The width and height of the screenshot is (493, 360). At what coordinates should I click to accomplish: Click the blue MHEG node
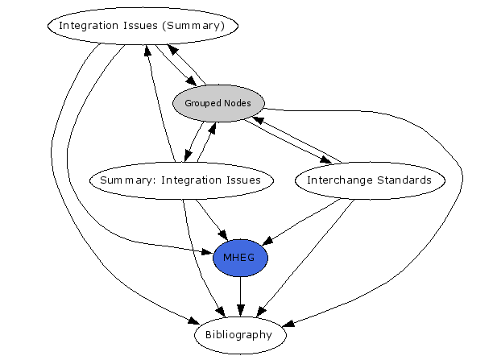coord(240,258)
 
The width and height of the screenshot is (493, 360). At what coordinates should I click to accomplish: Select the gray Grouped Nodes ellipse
coord(217,104)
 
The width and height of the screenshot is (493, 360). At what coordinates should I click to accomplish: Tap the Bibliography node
coord(240,334)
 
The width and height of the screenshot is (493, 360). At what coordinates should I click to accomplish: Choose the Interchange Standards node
coord(369,180)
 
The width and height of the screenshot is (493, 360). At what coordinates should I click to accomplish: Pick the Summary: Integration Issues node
coord(180,180)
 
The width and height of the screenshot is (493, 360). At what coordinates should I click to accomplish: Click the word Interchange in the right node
coord(338,180)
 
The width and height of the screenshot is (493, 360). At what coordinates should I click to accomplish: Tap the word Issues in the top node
coord(143,26)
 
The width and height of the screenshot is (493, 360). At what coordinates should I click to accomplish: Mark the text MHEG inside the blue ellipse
coord(240,258)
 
